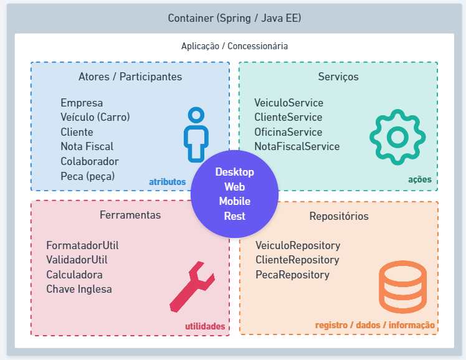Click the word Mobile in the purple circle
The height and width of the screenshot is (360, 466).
(x=235, y=201)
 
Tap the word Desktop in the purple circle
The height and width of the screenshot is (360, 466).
(x=235, y=172)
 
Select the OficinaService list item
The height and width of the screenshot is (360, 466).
(x=288, y=132)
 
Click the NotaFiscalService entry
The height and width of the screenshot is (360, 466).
(x=297, y=146)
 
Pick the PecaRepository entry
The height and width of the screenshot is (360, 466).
(x=292, y=275)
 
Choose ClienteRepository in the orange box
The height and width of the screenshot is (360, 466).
(x=297, y=260)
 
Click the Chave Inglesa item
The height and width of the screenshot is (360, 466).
(x=79, y=289)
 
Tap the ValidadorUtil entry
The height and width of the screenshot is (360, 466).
(x=77, y=260)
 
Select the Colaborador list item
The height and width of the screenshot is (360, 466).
(x=90, y=161)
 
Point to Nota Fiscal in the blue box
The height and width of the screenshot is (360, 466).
(x=87, y=146)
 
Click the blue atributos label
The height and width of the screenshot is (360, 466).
(x=168, y=182)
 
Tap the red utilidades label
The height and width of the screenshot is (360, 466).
(x=205, y=326)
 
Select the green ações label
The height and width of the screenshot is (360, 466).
(x=420, y=180)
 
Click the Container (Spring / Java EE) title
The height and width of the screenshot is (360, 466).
(x=234, y=18)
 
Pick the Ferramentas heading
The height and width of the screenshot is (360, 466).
(x=130, y=215)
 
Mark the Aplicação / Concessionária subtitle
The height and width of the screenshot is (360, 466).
(x=234, y=46)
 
